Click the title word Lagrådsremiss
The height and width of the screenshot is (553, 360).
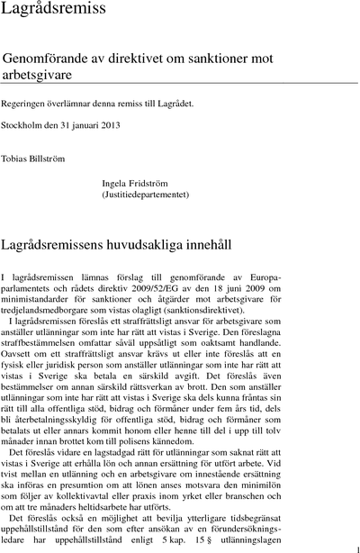tap(53, 11)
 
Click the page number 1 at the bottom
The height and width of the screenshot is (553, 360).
tap(357, 547)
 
